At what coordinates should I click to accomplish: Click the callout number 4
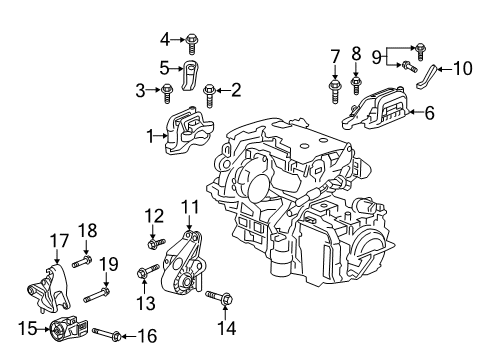point(165,40)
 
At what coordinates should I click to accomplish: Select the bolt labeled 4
point(190,41)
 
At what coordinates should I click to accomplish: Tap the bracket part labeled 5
point(191,75)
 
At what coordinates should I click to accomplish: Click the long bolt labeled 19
point(93,296)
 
